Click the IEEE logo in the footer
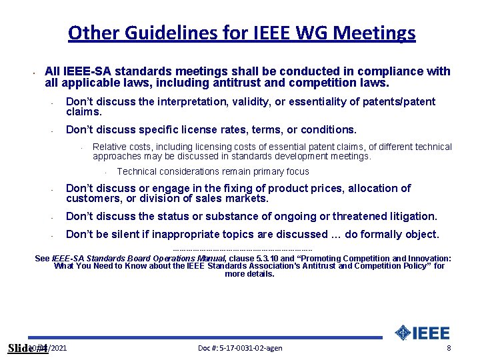[423, 333]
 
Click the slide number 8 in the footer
[449, 348]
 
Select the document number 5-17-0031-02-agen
[240, 348]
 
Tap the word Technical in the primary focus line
[137, 171]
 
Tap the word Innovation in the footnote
[425, 258]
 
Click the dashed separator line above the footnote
[242, 250]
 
